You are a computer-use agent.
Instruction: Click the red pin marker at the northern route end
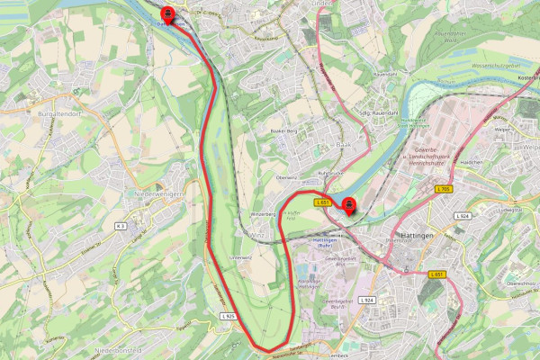167,14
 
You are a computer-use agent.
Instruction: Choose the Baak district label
317,144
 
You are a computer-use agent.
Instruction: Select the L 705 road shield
443,188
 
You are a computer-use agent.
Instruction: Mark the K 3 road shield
121,227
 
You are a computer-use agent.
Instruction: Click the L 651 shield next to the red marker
323,203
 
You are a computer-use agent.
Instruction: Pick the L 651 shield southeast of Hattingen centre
436,274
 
